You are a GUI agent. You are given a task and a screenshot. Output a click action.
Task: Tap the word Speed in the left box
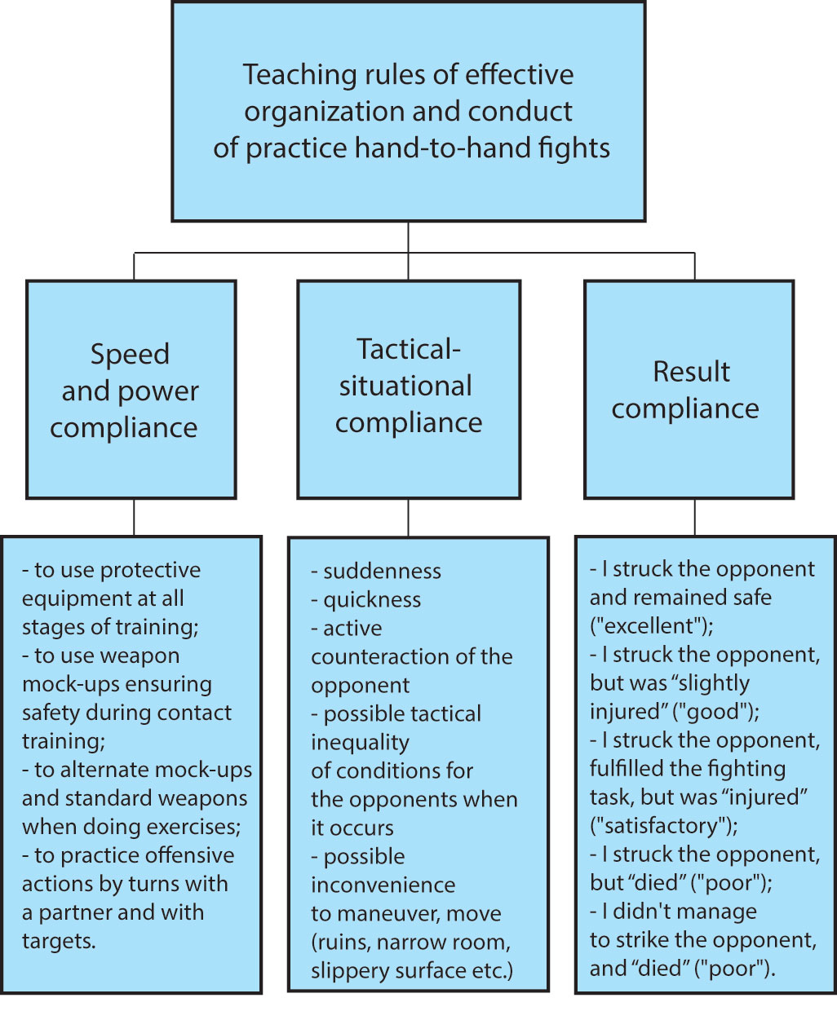click(130, 354)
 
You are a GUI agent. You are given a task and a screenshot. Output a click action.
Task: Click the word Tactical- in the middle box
click(409, 349)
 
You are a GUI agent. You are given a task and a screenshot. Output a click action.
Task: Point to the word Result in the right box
click(691, 372)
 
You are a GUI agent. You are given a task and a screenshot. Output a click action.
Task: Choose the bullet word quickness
click(372, 599)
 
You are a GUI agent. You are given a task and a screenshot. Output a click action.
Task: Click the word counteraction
click(383, 656)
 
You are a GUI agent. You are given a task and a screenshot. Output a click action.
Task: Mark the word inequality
click(360, 742)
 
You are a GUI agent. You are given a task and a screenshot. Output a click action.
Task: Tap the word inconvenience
click(383, 885)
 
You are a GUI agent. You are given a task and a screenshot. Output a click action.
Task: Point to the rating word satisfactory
click(662, 825)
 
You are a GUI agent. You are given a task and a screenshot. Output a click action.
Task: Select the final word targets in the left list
click(57, 941)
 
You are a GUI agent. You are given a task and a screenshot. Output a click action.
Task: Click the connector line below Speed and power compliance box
click(134, 517)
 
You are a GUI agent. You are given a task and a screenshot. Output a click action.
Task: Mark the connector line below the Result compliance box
click(695, 517)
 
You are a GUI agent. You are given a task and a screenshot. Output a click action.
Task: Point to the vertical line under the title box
click(409, 237)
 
